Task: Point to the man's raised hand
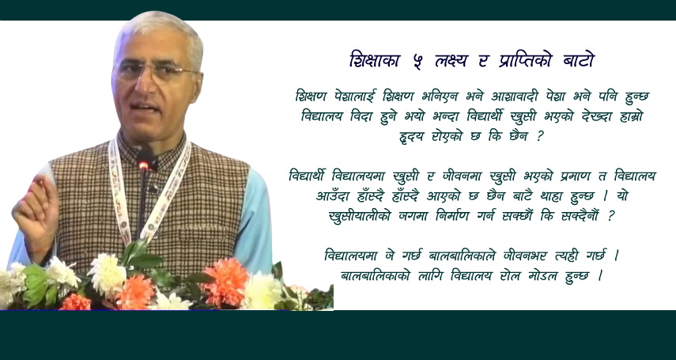coord(36,211)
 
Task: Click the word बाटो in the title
coord(579,61)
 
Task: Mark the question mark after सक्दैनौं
coord(610,216)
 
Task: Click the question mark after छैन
coord(539,138)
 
